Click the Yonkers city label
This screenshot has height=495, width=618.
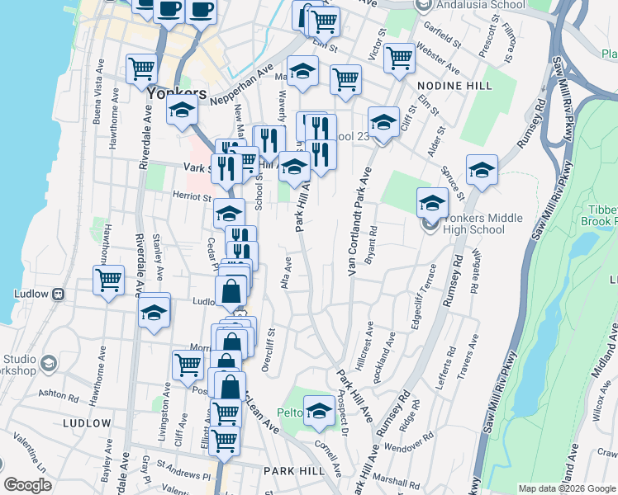click(x=176, y=92)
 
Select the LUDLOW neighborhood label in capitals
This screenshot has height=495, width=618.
click(x=86, y=423)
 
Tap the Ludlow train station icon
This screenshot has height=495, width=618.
click(x=58, y=294)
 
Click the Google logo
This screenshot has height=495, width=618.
click(x=27, y=485)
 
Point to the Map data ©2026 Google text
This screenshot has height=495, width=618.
click(x=566, y=488)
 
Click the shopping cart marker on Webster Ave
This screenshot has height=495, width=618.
click(x=400, y=57)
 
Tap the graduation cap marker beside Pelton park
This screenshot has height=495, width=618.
click(x=318, y=411)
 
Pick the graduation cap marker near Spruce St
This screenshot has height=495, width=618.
click(x=482, y=169)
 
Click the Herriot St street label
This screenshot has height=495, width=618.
click(x=193, y=196)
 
